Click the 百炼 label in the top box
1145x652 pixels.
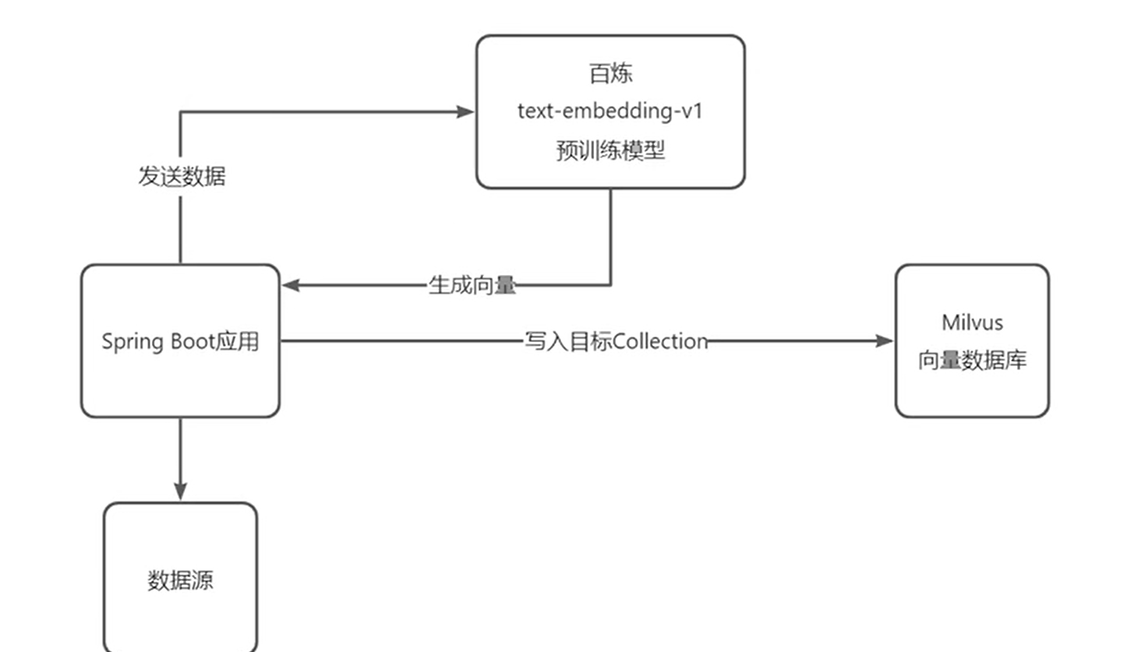[x=610, y=73]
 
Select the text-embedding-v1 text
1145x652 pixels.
[x=610, y=111]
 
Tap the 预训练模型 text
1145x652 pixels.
[x=610, y=150]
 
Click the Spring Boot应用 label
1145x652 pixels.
[x=180, y=341]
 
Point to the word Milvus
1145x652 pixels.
[x=972, y=322]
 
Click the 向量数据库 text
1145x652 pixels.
[x=972, y=360]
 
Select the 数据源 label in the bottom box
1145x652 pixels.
[x=180, y=580]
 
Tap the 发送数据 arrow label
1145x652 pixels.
[x=182, y=176]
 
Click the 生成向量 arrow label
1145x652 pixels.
[x=472, y=285]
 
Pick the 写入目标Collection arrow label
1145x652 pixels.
[x=616, y=341]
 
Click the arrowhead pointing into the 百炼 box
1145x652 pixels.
[x=465, y=111]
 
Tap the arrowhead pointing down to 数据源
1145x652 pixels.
[x=180, y=491]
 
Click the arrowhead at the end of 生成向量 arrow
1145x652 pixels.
[x=291, y=285]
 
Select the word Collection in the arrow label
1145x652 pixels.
[x=660, y=341]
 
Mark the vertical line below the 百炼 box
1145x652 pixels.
[x=610, y=234]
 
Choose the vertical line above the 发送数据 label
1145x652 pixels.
[x=181, y=136]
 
